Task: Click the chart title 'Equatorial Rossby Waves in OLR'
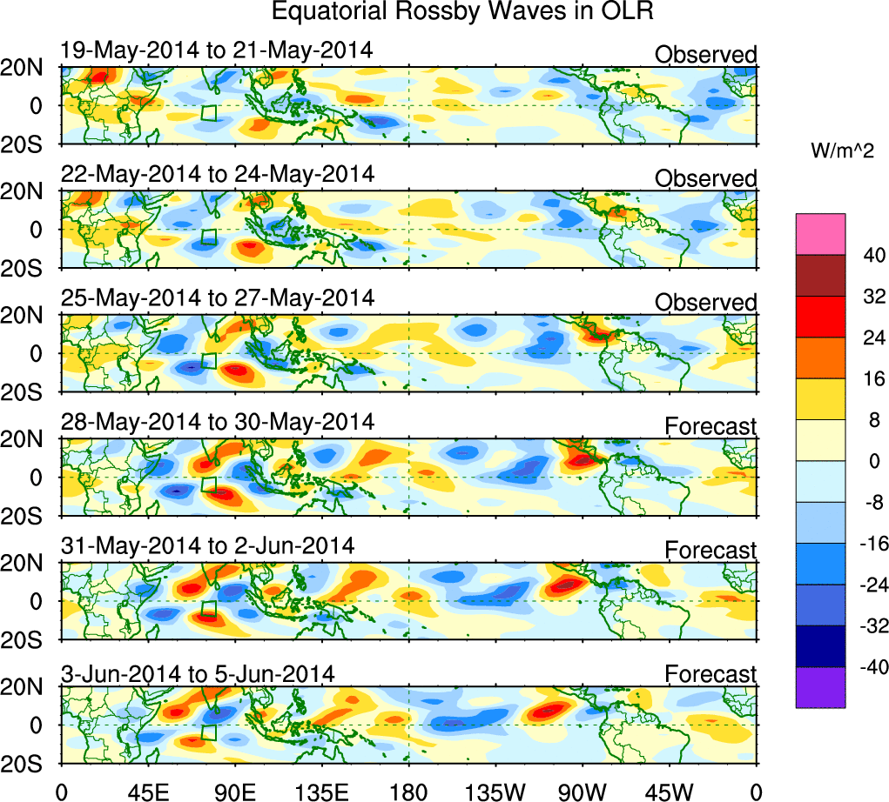click(x=462, y=12)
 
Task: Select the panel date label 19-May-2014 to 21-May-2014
click(x=217, y=50)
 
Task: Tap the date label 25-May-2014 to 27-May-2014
click(x=218, y=298)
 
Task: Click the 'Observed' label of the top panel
click(x=705, y=55)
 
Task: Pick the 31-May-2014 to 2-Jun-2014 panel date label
click(x=208, y=546)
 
